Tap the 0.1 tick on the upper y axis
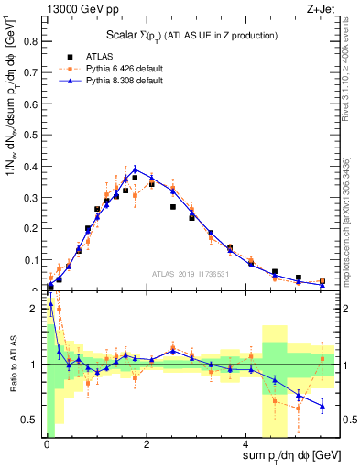tap(34, 260)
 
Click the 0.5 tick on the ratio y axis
tap(34, 420)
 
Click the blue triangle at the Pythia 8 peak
tap(135, 169)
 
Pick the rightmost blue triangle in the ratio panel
tap(322, 405)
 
